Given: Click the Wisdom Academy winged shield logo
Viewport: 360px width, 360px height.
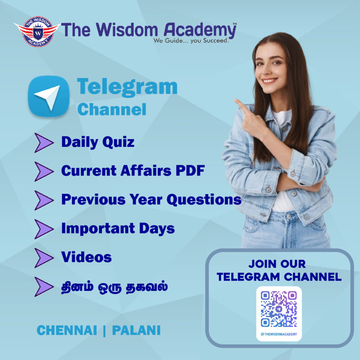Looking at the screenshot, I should click(x=36, y=32).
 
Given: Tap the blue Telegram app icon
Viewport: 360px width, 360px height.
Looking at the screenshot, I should click(x=49, y=96).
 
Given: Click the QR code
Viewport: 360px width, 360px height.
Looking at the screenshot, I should click(x=279, y=309).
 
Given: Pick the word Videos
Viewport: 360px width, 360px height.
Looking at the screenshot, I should click(x=86, y=257).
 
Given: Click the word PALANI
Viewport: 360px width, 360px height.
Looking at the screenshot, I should click(x=136, y=330).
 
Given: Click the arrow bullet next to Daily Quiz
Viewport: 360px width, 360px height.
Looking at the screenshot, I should click(x=44, y=143).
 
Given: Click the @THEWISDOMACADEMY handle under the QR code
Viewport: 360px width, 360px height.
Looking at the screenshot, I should click(x=279, y=334).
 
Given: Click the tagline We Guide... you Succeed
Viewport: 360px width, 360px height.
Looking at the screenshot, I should click(x=191, y=41).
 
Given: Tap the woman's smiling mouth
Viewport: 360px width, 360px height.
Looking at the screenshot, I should click(x=270, y=81).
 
